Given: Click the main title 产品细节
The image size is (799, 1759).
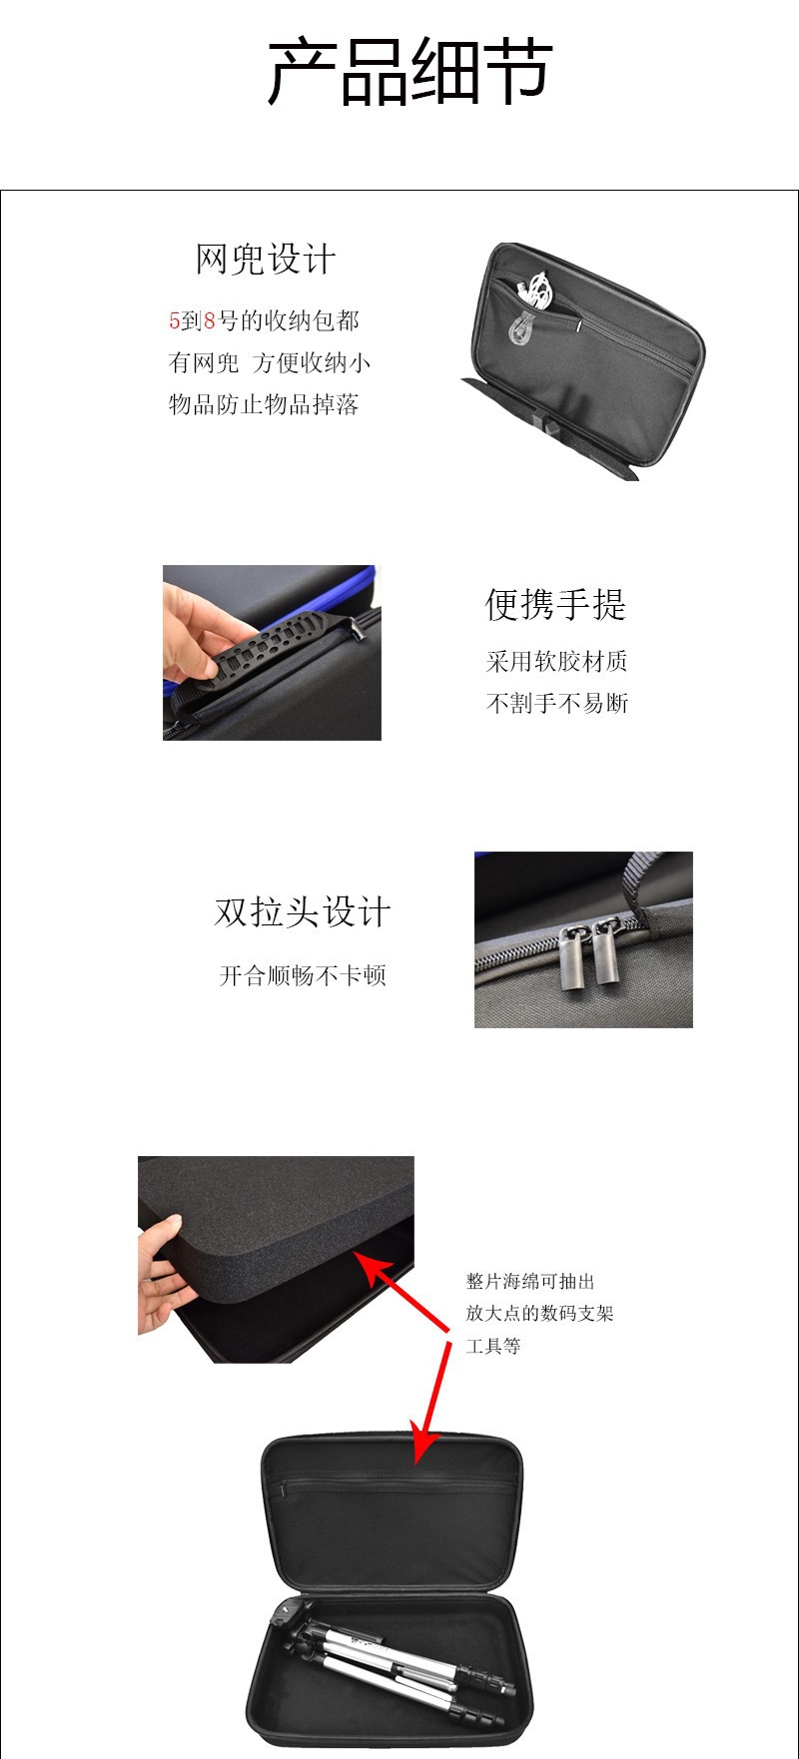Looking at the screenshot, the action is tap(409, 72).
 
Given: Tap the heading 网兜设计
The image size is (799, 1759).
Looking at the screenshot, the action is tap(266, 260).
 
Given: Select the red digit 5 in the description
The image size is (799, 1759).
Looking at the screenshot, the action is tap(174, 320).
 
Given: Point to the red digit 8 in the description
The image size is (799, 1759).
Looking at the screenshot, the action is tap(209, 320).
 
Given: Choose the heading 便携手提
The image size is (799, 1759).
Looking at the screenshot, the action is tap(555, 604).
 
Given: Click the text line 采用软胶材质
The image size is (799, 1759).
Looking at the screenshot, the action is tap(557, 661).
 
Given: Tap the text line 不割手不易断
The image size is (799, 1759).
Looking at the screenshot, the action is tap(557, 703).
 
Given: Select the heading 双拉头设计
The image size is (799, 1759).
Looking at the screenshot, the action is tap(302, 911).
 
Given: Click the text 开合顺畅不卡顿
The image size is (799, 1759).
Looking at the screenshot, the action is tap(303, 975).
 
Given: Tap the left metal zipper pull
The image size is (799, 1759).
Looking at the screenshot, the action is tap(573, 956).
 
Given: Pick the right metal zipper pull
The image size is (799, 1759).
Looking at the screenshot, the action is tap(606, 954).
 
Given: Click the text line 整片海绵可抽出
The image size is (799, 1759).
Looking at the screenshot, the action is tap(530, 1282).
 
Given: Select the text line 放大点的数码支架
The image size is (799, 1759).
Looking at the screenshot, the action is tap(539, 1314).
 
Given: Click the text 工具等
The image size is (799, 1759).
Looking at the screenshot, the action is tap(493, 1346).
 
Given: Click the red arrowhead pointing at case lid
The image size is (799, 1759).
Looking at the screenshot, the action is tap(423, 1446).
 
